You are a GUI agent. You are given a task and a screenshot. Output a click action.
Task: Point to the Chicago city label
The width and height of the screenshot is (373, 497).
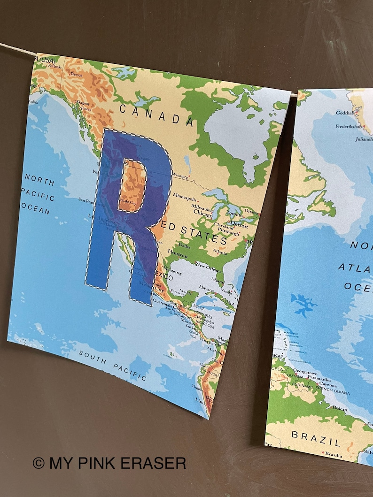202,213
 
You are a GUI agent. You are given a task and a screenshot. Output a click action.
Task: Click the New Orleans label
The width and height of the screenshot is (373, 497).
209,266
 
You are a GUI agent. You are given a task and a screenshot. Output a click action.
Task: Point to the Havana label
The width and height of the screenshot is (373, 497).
206,287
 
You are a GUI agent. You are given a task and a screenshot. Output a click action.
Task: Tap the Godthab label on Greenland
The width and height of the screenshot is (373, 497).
346,113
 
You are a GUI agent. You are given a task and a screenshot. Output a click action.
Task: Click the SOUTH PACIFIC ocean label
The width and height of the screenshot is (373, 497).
112,364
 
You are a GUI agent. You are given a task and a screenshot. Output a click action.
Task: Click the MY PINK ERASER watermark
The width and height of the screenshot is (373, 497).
109,463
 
